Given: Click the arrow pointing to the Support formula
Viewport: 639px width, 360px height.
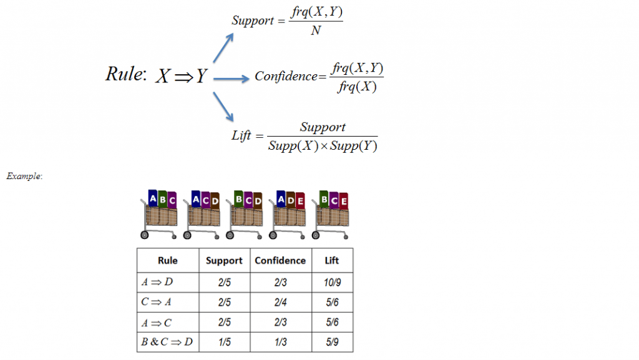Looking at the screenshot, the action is pos(223,47).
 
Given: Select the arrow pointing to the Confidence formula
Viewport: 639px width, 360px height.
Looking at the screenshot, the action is pos(231,79).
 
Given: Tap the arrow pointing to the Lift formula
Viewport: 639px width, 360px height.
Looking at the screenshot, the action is pos(223,107).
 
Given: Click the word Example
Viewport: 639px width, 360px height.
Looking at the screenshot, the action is pos(24,177).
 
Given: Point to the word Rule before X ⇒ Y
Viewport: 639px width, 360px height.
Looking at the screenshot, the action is pos(125,74).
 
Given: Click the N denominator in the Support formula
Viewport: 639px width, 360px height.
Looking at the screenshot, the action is pos(316,31).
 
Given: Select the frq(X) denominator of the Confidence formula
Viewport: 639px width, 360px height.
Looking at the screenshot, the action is pos(357,87).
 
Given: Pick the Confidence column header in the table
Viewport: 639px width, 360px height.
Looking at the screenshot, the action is pos(280,261).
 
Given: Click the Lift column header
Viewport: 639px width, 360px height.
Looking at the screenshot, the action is pos(332,261).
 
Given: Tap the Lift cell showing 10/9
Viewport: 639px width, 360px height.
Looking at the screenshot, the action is pos(332,282).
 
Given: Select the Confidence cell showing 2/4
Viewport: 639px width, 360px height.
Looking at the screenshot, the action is pos(280,302).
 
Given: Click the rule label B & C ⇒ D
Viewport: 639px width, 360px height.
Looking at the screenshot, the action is pos(167,342).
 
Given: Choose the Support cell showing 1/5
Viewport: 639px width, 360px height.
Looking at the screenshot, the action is pos(225,342).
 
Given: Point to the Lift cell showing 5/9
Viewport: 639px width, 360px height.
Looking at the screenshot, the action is pos(332,342).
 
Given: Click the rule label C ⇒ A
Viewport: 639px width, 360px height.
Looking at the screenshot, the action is pos(156,302).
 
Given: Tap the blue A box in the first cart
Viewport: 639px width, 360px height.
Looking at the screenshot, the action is pos(152,199).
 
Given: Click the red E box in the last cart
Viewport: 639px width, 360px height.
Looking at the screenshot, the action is pos(344,201).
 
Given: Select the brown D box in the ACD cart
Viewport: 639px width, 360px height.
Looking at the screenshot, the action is pos(215,201).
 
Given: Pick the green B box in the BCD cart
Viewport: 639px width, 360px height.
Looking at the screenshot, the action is pos(238,199).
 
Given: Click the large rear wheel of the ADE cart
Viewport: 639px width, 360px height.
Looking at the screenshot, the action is pos(273,235).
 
